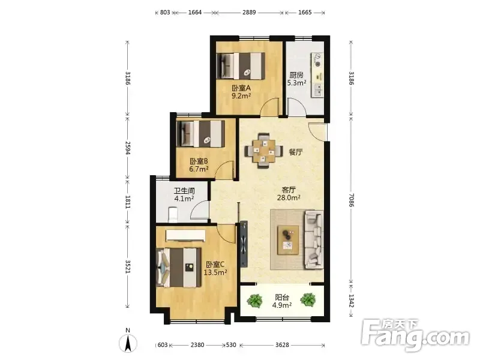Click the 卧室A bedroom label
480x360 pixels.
point(241,88)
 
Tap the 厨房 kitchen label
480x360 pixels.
point(296,75)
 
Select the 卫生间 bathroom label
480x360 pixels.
point(184,191)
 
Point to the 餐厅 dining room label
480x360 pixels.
point(296,152)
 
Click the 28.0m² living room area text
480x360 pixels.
point(289,198)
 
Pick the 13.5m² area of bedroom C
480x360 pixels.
point(215,272)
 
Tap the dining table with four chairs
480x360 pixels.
point(263,151)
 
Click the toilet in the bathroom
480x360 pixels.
point(173,215)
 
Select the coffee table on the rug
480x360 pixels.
point(288,240)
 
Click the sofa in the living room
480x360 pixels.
point(314,239)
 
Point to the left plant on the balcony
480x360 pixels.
point(254,301)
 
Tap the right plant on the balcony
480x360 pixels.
point(308,299)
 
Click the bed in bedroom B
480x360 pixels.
point(201,134)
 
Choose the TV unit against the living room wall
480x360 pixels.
point(244,244)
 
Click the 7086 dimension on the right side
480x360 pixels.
point(351,200)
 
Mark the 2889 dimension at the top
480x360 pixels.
point(249,13)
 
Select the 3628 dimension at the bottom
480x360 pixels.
point(282,345)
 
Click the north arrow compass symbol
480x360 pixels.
point(128,343)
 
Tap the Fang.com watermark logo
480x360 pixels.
point(415,335)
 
